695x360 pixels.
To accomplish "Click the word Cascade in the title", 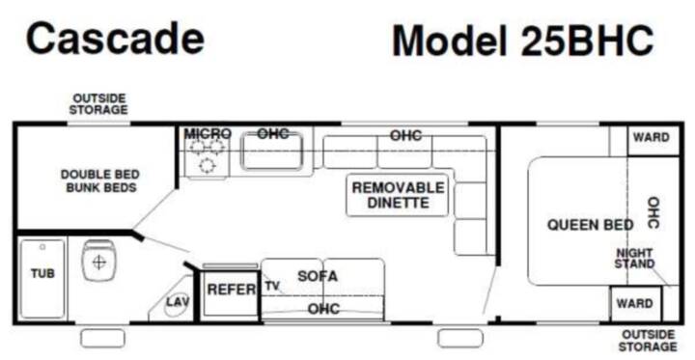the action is [x=115, y=39].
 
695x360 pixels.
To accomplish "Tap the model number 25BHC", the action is [x=587, y=41].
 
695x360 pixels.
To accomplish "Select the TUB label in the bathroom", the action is [x=42, y=273].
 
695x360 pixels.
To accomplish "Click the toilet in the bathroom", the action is [x=98, y=261].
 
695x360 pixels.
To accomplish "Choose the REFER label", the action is [x=232, y=290].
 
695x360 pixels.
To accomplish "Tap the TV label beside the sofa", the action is [x=272, y=286].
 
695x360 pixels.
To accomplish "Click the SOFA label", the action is [x=318, y=276].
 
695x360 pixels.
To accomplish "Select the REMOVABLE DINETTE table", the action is [x=398, y=195].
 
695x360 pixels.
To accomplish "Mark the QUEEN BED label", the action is [x=590, y=225].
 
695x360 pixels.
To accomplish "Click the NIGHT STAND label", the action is [x=634, y=259].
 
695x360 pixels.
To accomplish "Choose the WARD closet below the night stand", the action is [x=635, y=304].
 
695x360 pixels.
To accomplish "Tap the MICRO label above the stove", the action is [x=208, y=134].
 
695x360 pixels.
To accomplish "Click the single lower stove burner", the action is [x=207, y=165].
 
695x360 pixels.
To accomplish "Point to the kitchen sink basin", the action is [x=272, y=152].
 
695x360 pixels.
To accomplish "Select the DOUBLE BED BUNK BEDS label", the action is [x=100, y=180].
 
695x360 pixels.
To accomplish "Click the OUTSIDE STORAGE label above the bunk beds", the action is [x=98, y=104].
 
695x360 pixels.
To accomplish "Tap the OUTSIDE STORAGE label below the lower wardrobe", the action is [x=648, y=341].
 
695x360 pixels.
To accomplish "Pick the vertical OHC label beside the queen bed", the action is [x=653, y=212].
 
